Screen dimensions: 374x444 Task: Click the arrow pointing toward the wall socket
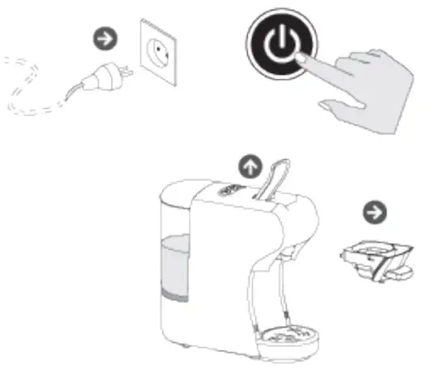(105, 37)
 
